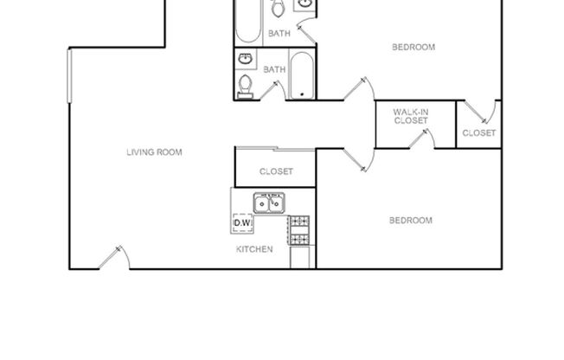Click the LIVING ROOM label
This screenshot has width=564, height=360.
coord(154,152)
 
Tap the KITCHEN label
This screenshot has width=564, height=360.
coord(255,249)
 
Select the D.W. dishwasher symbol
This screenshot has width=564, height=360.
coord(242,223)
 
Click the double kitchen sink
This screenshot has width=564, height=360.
coord(270,203)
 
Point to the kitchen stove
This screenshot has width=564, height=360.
coord(299,229)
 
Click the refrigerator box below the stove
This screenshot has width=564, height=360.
coord(299,257)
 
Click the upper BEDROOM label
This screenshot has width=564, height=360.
coord(413,47)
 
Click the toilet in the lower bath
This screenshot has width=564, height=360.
coord(246,85)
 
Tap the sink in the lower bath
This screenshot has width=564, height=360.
coord(245,60)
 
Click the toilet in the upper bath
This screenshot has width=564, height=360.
coord(279,10)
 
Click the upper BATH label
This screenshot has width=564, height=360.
coord(279,34)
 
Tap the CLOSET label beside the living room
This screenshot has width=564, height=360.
coord(276,171)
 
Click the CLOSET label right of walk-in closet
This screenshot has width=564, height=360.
coord(478,132)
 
